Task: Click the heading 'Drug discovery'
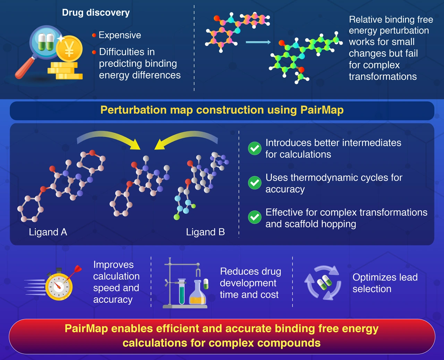(x=96, y=13)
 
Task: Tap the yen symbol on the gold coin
(x=69, y=50)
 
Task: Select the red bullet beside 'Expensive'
(x=94, y=35)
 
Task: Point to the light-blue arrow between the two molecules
(x=258, y=42)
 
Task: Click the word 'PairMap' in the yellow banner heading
(x=322, y=110)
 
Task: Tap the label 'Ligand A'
(x=48, y=232)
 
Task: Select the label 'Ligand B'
(x=205, y=232)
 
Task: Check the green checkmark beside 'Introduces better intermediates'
(x=255, y=148)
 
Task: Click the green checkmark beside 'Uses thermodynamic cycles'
(x=255, y=183)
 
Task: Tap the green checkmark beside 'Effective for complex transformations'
(x=255, y=217)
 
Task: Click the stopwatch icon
(x=59, y=287)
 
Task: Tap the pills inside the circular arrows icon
(x=323, y=282)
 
